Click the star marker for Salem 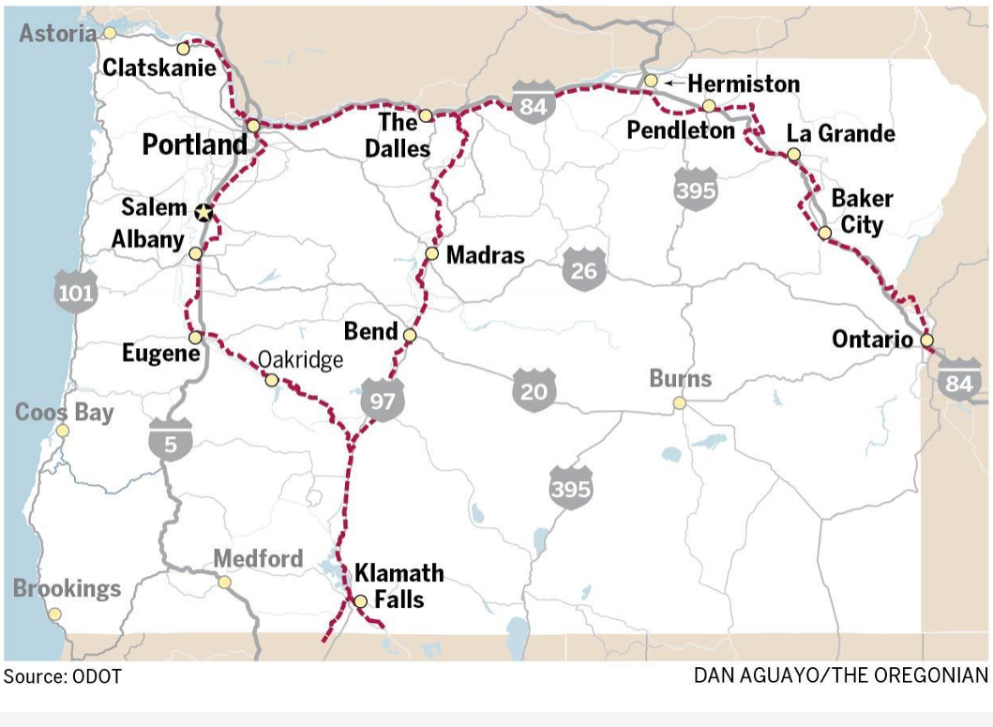point(203,213)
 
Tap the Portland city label point(194,144)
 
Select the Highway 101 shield point(75,292)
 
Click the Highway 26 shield point(583,270)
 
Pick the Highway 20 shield point(534,389)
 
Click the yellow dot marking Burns point(679,403)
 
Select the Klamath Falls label point(399,585)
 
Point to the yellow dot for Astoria point(110,33)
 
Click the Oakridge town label point(300,360)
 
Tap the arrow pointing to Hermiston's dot point(671,83)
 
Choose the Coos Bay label point(64,413)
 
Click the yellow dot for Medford point(224,582)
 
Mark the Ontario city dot point(926,341)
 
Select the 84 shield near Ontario point(958,382)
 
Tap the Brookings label point(67,588)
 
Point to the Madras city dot point(431,253)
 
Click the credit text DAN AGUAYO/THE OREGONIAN point(840,675)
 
